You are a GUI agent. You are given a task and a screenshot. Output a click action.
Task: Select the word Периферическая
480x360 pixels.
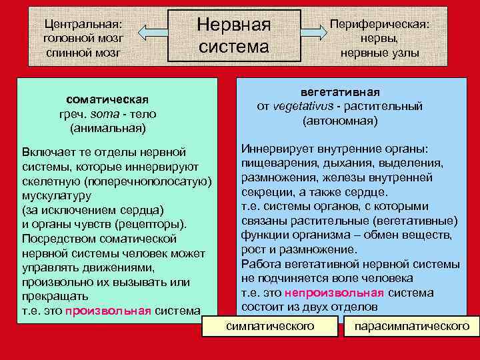point(380,24)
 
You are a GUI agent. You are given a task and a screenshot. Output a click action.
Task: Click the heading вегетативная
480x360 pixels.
point(340,91)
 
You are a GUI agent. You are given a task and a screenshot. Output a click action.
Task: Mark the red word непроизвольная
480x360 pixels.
point(334,293)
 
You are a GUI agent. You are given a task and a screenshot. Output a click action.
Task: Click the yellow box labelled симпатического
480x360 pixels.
point(270,326)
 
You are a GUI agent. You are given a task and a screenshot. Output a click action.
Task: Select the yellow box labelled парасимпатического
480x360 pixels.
point(412,327)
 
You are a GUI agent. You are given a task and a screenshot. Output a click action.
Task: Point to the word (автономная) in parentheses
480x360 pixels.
point(340,121)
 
